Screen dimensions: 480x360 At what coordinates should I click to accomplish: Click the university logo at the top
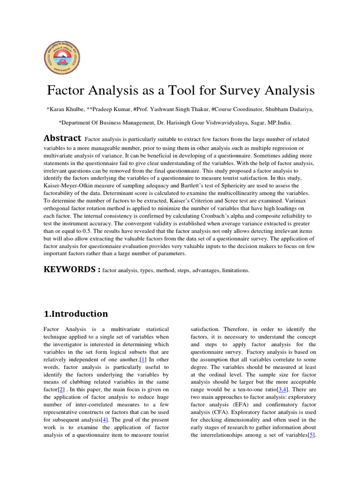click(62, 54)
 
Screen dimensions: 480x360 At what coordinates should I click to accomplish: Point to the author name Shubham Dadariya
click(294, 109)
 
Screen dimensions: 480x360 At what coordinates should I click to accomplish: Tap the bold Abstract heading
click(62, 139)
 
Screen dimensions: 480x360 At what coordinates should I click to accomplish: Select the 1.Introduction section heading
click(75, 314)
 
